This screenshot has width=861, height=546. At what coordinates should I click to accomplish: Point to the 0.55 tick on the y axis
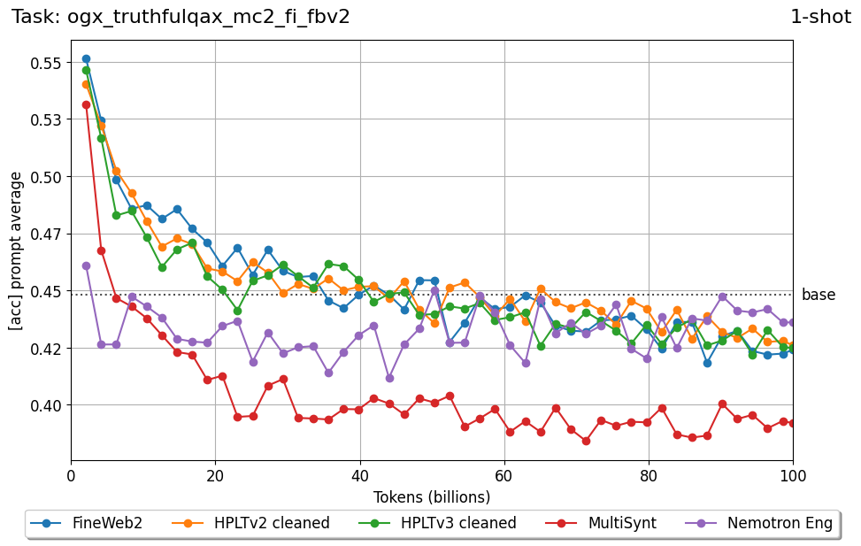click(45, 63)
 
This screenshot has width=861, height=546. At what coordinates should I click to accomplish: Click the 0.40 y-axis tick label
click(45, 405)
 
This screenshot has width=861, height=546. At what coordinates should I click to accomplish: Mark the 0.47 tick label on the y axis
click(45, 235)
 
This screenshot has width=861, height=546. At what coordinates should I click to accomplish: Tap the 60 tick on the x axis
click(504, 475)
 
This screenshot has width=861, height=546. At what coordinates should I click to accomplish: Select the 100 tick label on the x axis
click(793, 475)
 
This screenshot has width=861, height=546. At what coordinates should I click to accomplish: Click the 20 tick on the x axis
click(215, 475)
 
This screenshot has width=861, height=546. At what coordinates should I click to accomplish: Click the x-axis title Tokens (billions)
click(432, 496)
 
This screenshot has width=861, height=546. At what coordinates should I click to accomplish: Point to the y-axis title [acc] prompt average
click(16, 251)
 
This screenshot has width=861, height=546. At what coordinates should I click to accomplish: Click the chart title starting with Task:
click(181, 16)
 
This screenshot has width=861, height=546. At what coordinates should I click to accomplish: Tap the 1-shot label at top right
click(820, 16)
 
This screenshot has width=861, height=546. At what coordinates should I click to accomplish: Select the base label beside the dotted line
click(819, 295)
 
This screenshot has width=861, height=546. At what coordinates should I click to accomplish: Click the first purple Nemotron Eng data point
click(86, 265)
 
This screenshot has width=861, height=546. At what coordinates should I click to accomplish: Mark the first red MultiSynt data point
click(86, 104)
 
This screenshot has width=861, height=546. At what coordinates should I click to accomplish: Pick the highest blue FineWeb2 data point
click(86, 59)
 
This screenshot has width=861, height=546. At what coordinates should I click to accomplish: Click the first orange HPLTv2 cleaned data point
click(86, 85)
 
